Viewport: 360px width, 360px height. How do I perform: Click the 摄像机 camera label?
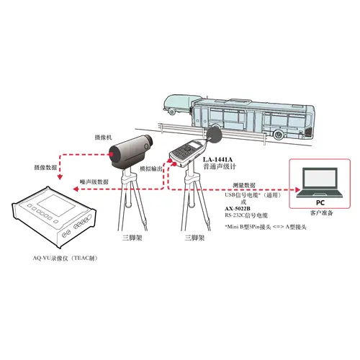pos(104,138)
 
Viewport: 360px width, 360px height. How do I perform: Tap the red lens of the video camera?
pos(112,154)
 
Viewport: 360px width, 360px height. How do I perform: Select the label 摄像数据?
pos(46,167)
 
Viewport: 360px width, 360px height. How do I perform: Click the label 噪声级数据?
pos(94,181)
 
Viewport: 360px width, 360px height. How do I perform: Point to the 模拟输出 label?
pos(151,168)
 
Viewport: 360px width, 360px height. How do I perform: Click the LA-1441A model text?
pos(217,159)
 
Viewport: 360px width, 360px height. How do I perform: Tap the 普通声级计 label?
pos(220,166)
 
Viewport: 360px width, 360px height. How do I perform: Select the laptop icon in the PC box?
pos(320,183)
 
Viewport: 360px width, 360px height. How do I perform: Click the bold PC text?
pos(320,203)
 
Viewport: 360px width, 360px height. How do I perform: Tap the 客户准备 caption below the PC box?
pos(321,213)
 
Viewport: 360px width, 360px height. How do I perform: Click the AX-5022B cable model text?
pos(238,209)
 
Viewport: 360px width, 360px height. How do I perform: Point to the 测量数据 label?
pos(244,185)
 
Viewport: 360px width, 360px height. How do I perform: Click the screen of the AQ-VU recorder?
pos(56,205)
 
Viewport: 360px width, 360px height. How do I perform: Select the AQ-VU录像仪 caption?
pos(65,258)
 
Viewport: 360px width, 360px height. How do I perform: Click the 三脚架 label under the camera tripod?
pos(132,238)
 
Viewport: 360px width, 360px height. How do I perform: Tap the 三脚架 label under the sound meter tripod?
pos(194,238)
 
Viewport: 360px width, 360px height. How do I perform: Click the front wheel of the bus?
pos(279,135)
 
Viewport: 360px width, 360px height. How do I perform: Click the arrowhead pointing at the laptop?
pos(297,189)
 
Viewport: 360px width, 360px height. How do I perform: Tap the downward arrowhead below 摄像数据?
pos(60,177)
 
